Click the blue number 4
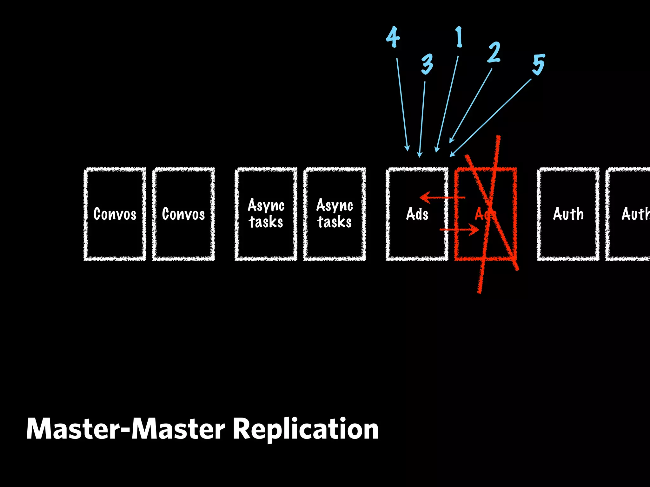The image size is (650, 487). click(x=393, y=37)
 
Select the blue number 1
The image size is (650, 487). click(x=459, y=37)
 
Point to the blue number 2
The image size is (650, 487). click(x=494, y=52)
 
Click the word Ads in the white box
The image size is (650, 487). click(x=417, y=214)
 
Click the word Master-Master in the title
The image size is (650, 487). click(x=126, y=429)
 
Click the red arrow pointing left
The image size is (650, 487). click(x=441, y=198)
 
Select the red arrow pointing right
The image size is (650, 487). click(x=460, y=229)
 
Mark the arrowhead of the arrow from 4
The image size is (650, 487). click(x=407, y=148)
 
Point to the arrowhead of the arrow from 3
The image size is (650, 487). click(x=420, y=155)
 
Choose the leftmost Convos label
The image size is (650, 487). click(x=115, y=214)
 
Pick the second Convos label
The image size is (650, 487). click(x=183, y=214)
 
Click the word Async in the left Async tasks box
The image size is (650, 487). click(x=266, y=205)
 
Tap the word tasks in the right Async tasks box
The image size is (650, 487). click(x=335, y=222)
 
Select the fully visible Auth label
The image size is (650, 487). click(x=568, y=214)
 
